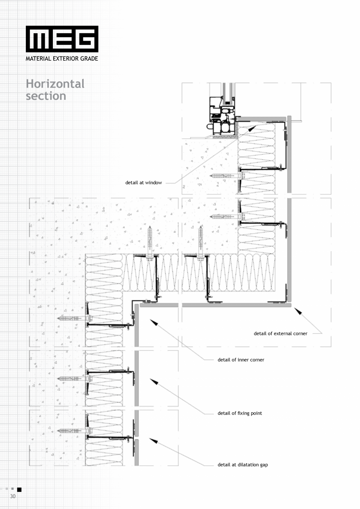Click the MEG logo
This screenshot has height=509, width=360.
(x=62, y=39)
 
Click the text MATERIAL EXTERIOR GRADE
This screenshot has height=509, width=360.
(x=62, y=59)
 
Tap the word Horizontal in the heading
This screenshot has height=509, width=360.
(x=55, y=84)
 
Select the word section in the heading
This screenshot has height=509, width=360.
(x=46, y=96)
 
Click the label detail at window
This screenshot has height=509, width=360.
(x=143, y=182)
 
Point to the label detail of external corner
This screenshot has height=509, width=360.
(x=281, y=333)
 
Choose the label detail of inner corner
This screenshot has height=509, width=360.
(x=241, y=360)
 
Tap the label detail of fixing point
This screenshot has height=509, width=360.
(x=240, y=413)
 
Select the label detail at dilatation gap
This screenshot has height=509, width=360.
(x=243, y=465)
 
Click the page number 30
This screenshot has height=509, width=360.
(x=13, y=496)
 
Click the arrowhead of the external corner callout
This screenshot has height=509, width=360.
(x=298, y=311)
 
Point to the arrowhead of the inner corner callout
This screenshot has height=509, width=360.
(x=154, y=322)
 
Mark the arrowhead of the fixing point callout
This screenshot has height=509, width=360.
(x=154, y=381)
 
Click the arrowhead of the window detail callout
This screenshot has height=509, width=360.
(x=252, y=128)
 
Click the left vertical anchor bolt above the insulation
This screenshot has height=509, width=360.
(x=149, y=243)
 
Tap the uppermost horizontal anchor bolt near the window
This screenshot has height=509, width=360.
(x=227, y=176)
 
